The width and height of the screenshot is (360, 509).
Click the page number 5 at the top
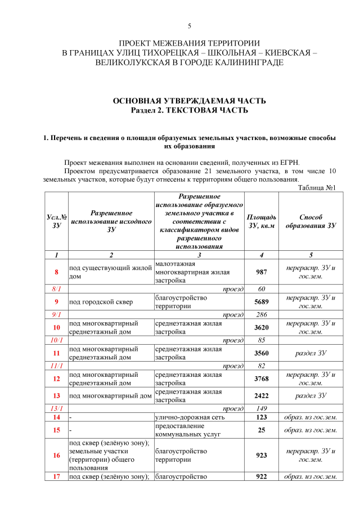pos(190,26)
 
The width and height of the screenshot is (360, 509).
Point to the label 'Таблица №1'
pos(317,188)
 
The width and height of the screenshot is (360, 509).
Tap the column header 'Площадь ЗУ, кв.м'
pos(261,221)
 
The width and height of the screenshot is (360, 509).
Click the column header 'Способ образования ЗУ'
pos(310,221)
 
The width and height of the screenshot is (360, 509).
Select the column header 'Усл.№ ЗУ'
pos(56,221)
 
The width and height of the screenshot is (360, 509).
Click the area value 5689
pos(261,301)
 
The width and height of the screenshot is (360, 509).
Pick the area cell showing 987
pos(261,272)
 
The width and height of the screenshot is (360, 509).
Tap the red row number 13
pos(56,395)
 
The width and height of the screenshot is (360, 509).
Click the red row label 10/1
pos(56,340)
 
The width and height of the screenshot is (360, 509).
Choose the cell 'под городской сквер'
pos(101,301)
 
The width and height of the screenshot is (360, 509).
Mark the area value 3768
pos(261,379)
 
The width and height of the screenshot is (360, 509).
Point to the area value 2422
pos(261,395)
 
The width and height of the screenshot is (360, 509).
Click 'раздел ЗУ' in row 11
pos(310,353)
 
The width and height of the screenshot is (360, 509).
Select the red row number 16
pos(56,455)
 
